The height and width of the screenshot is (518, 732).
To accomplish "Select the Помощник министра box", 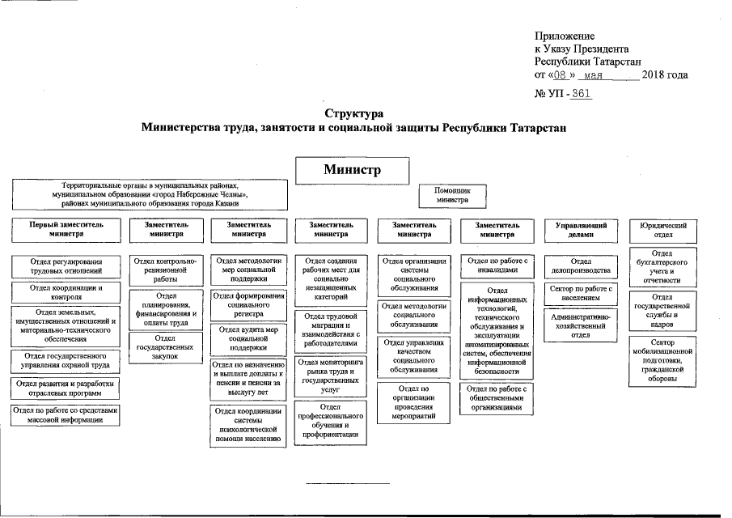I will [452, 194].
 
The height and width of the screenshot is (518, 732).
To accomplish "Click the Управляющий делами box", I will [581, 230].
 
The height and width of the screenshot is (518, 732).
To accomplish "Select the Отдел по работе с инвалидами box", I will [498, 265].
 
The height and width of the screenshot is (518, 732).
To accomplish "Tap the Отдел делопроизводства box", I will [581, 266].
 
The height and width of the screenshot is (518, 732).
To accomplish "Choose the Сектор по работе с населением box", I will [581, 293].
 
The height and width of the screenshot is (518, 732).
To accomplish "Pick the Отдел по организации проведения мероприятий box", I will [413, 402].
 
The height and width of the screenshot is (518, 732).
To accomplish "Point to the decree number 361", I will [581, 95].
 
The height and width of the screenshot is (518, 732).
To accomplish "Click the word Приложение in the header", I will [565, 36].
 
